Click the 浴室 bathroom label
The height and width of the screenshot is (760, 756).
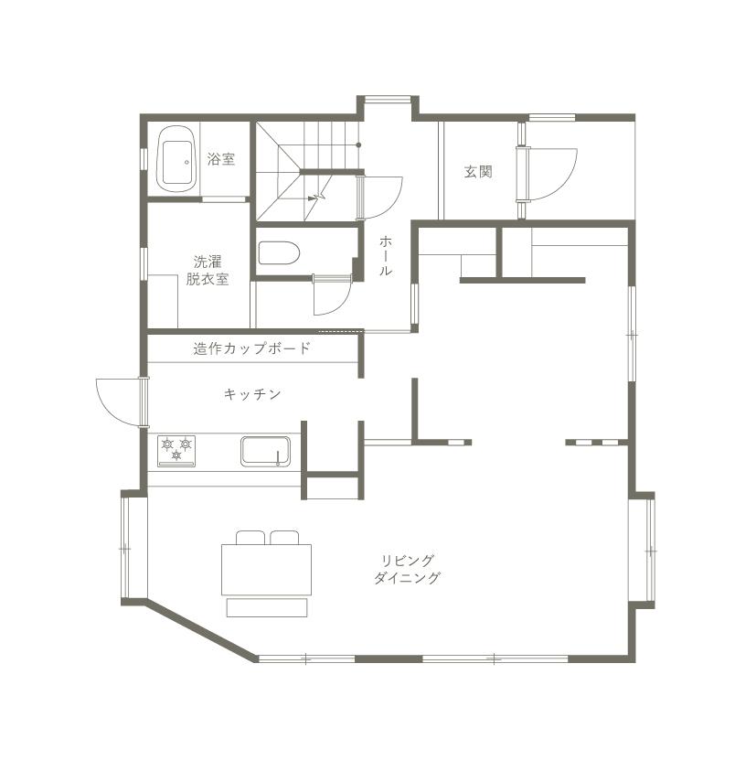click(x=221, y=159)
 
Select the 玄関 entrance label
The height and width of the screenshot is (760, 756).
click(x=478, y=172)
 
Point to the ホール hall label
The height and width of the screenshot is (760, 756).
click(x=385, y=255)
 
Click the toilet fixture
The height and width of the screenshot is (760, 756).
click(x=279, y=253)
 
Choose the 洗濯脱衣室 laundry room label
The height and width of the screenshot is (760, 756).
click(x=208, y=271)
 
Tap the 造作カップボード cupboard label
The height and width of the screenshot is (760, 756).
click(x=251, y=348)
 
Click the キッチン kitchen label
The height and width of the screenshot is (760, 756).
click(x=252, y=394)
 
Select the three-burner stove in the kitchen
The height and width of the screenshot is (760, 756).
click(x=176, y=451)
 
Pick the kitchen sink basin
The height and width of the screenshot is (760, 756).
click(x=266, y=451)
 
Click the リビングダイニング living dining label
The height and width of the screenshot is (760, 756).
click(x=407, y=570)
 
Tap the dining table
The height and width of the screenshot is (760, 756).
click(x=267, y=570)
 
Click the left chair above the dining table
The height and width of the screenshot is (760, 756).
click(x=250, y=538)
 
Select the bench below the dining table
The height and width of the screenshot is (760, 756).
click(x=267, y=608)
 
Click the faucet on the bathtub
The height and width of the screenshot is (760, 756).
click(x=186, y=163)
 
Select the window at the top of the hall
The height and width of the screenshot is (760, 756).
click(x=388, y=100)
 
